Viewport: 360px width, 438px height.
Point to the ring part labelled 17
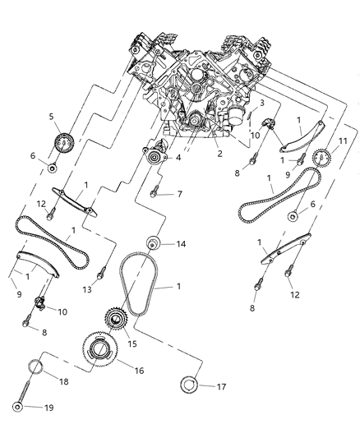188,384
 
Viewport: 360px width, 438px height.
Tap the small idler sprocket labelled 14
152,244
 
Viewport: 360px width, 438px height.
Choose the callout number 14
181,244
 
